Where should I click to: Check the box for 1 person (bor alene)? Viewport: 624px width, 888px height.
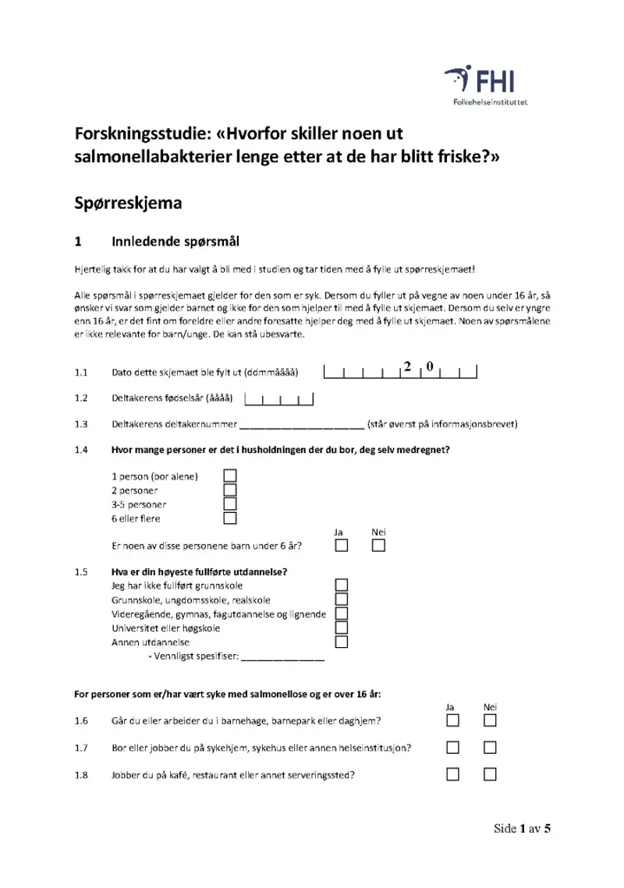[230, 476]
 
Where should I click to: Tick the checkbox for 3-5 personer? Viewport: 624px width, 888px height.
[230, 504]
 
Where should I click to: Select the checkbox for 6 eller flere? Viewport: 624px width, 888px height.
[230, 518]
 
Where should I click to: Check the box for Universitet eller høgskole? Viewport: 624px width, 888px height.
[341, 628]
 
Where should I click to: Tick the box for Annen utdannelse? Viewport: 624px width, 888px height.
[341, 642]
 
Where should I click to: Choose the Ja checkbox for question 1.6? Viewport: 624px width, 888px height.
[453, 720]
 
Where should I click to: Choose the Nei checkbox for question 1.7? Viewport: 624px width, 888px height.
[490, 748]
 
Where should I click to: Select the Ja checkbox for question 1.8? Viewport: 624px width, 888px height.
[453, 775]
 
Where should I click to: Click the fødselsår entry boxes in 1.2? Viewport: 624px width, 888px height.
[279, 401]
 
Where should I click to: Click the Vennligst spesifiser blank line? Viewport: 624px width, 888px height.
[283, 658]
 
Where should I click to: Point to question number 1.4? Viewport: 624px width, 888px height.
[80, 450]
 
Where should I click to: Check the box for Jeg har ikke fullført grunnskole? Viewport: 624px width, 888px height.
[341, 586]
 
